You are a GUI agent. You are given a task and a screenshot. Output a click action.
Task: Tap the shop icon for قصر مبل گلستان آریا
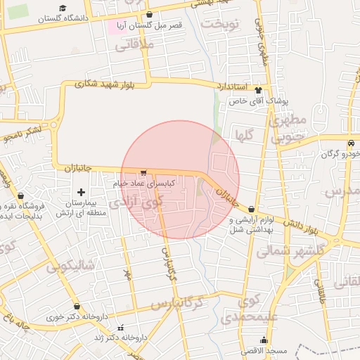pos(149,15)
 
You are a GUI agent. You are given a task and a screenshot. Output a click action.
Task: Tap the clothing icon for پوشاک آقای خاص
pos(259,90)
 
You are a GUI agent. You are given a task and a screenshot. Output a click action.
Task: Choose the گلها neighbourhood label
pos(250,134)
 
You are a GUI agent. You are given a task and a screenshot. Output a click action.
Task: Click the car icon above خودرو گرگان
pos(350,143)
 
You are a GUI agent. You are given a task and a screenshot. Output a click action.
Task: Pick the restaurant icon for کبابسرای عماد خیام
pos(143,172)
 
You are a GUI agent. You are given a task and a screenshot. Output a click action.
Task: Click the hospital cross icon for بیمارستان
pos(82,192)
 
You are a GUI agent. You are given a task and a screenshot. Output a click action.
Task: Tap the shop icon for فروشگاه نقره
pos(20,196)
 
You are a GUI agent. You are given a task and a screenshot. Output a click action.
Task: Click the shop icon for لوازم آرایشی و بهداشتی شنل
pos(251,209)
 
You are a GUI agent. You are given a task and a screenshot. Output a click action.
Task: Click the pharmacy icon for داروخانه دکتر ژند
pos(121,328)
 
